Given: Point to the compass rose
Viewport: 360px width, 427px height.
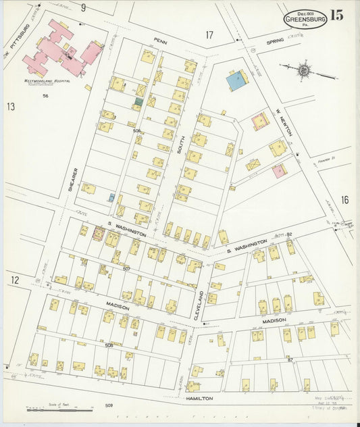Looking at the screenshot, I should tap(304, 70).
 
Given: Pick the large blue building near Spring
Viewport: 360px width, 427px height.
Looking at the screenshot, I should tap(236, 81).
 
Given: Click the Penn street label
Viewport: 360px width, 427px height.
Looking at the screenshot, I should tap(160, 41).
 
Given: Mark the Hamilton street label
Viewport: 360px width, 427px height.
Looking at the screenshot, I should tap(200, 399).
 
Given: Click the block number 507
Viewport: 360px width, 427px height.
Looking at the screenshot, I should tap(126, 268).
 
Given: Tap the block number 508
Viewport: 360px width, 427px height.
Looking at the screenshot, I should tap(108, 345).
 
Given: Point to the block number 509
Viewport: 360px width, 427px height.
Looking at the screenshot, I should tap(109, 405).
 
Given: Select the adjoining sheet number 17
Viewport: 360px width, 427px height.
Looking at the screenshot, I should tap(209, 34).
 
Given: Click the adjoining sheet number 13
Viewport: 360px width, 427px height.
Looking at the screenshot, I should tap(11, 106).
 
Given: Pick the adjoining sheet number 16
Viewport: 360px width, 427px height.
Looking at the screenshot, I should tap(344, 199).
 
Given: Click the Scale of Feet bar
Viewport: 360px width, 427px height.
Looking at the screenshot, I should tap(59, 409).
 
